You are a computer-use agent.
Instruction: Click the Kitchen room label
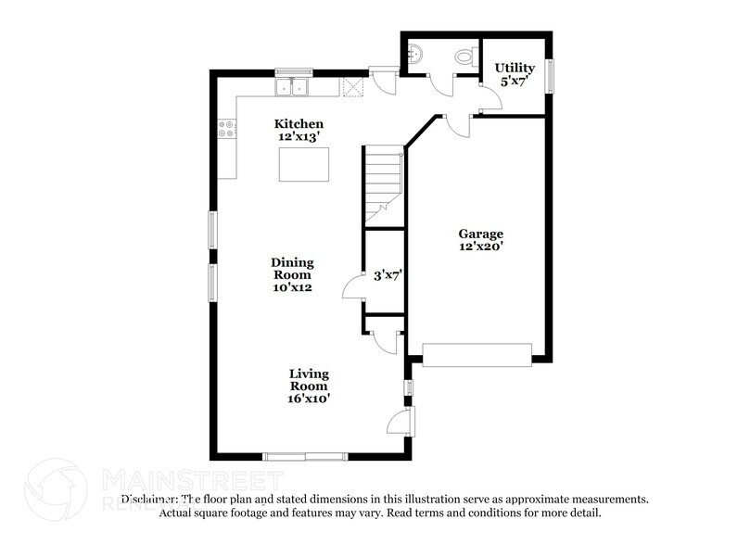299,123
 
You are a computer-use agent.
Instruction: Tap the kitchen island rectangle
304,163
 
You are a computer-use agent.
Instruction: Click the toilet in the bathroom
464,58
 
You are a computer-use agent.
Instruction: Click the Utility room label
514,68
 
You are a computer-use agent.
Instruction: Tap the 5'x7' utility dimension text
514,82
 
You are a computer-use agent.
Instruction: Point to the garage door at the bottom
477,353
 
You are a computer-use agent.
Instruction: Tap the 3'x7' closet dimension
387,275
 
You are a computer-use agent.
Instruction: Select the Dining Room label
292,269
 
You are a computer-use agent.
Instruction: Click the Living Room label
308,380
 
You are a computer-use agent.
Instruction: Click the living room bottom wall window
305,456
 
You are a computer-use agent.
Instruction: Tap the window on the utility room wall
550,76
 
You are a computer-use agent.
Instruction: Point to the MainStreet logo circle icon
56,488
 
